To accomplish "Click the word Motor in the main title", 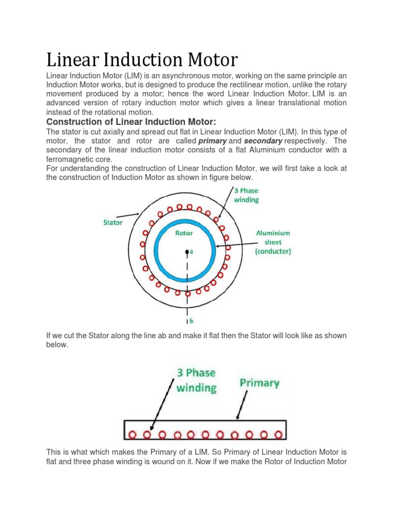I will coord(209,60).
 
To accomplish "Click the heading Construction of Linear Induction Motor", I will coord(132,121).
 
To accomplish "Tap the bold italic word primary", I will coord(213,140).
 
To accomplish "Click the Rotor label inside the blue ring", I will coord(184,233).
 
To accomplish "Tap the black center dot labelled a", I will coord(188,251).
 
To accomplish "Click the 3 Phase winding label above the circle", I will coord(247,195).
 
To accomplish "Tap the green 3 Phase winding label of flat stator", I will coord(196,380).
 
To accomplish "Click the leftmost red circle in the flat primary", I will coord(133,435).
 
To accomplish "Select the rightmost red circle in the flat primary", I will coord(279,435).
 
